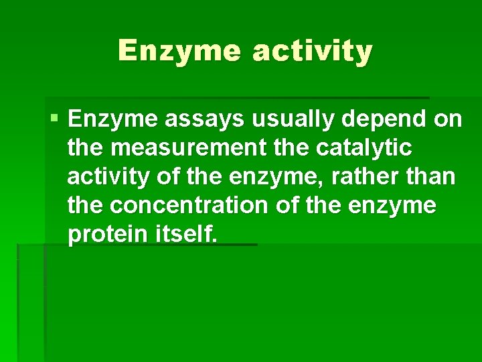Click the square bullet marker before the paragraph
[x=54, y=119]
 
